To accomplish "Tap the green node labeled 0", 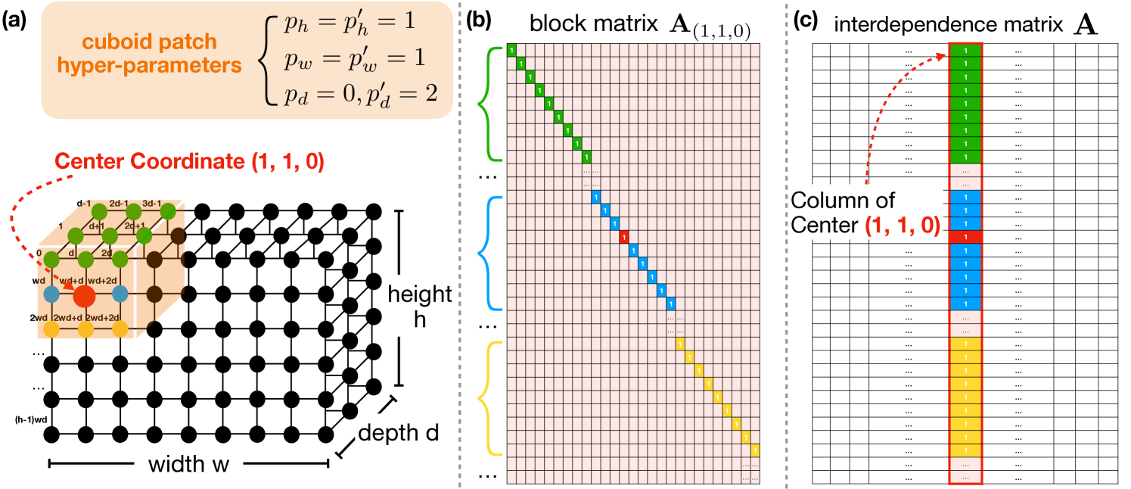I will [51, 260].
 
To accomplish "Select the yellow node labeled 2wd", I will [51, 329].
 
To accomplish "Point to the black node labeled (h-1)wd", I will [51, 434].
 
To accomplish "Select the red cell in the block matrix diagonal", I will [624, 237].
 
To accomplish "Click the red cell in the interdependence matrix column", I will [966, 237].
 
